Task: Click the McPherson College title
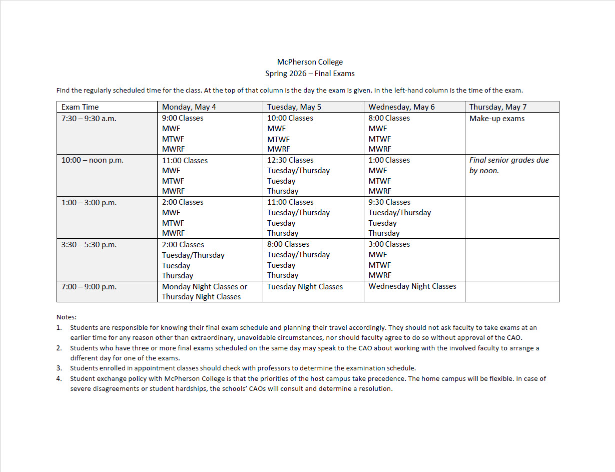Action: pyautogui.click(x=310, y=62)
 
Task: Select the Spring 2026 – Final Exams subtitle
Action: pyautogui.click(x=310, y=74)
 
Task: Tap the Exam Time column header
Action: pyautogui.click(x=80, y=107)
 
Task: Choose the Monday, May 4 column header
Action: pyautogui.click(x=189, y=107)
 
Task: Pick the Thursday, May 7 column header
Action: pyautogui.click(x=498, y=107)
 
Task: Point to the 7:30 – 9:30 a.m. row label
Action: pyautogui.click(x=89, y=119)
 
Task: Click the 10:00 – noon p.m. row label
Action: pyautogui.click(x=93, y=161)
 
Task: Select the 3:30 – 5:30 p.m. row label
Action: pyautogui.click(x=89, y=245)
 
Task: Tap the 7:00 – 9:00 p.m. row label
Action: pyautogui.click(x=89, y=287)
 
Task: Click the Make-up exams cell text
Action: pyautogui.click(x=497, y=119)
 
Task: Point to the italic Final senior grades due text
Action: pyautogui.click(x=509, y=160)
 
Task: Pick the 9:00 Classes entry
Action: pyautogui.click(x=183, y=119)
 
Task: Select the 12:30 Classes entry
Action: pyautogui.click(x=290, y=160)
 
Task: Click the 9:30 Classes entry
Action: pyautogui.click(x=389, y=202)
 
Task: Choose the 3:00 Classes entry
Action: pyautogui.click(x=389, y=244)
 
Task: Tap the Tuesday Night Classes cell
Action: pyautogui.click(x=305, y=287)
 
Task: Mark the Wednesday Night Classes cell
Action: pyautogui.click(x=412, y=286)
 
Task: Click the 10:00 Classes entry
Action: pyautogui.click(x=290, y=119)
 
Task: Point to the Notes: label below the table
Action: pyautogui.click(x=67, y=317)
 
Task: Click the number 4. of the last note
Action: pyautogui.click(x=59, y=379)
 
